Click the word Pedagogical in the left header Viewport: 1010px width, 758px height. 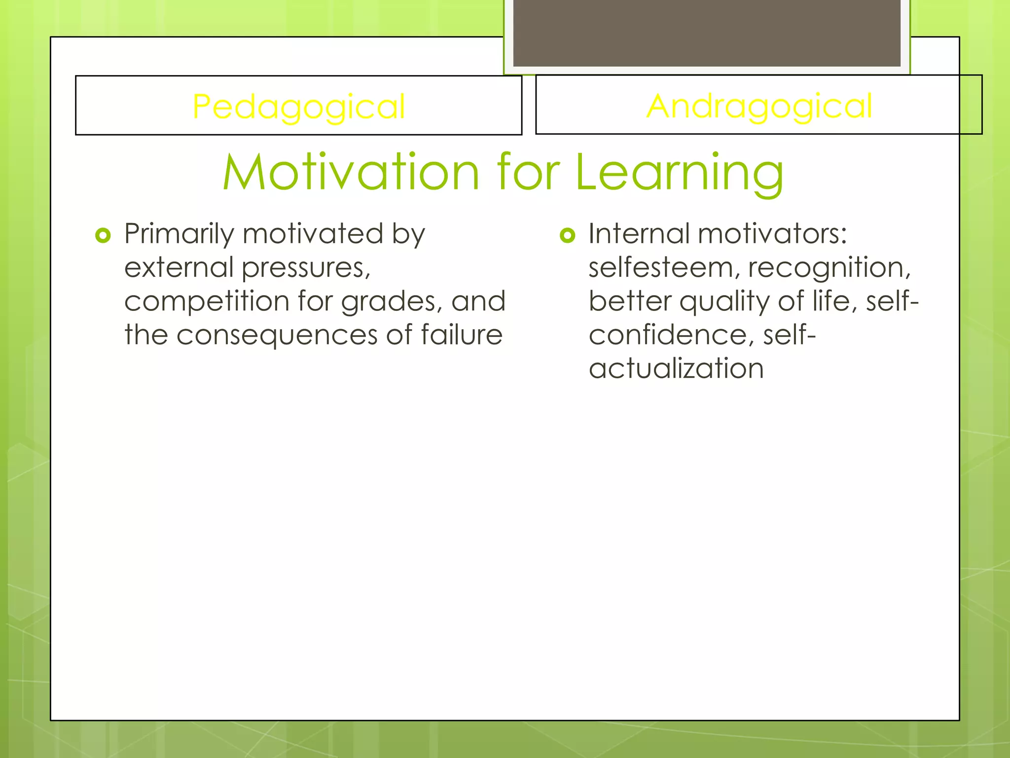pyautogui.click(x=298, y=107)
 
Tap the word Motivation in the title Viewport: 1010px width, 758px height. pyautogui.click(x=351, y=172)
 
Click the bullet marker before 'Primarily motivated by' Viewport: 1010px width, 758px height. pyautogui.click(x=103, y=235)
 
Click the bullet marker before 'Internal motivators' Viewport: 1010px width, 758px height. pyautogui.click(x=568, y=235)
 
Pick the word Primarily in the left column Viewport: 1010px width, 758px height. pyautogui.click(x=179, y=234)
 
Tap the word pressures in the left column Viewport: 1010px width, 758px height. pyautogui.click(x=306, y=268)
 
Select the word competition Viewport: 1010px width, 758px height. pyautogui.click(x=207, y=302)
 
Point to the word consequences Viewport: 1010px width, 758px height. pyautogui.click(x=277, y=335)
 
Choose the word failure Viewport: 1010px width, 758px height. pyautogui.click(x=462, y=335)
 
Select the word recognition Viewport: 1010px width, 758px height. pyautogui.click(x=829, y=267)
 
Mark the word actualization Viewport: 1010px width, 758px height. pyautogui.click(x=676, y=369)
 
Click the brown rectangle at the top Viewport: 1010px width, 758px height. pyautogui.click(x=707, y=33)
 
